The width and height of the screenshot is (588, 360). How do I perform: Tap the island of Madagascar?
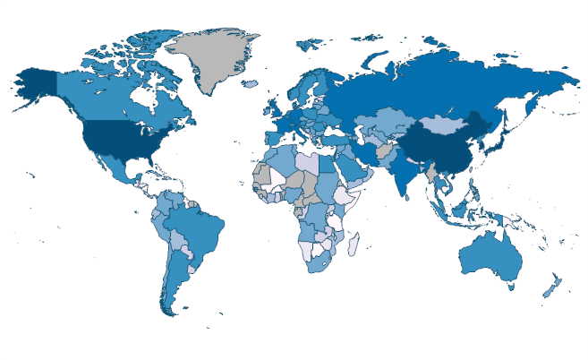354,243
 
